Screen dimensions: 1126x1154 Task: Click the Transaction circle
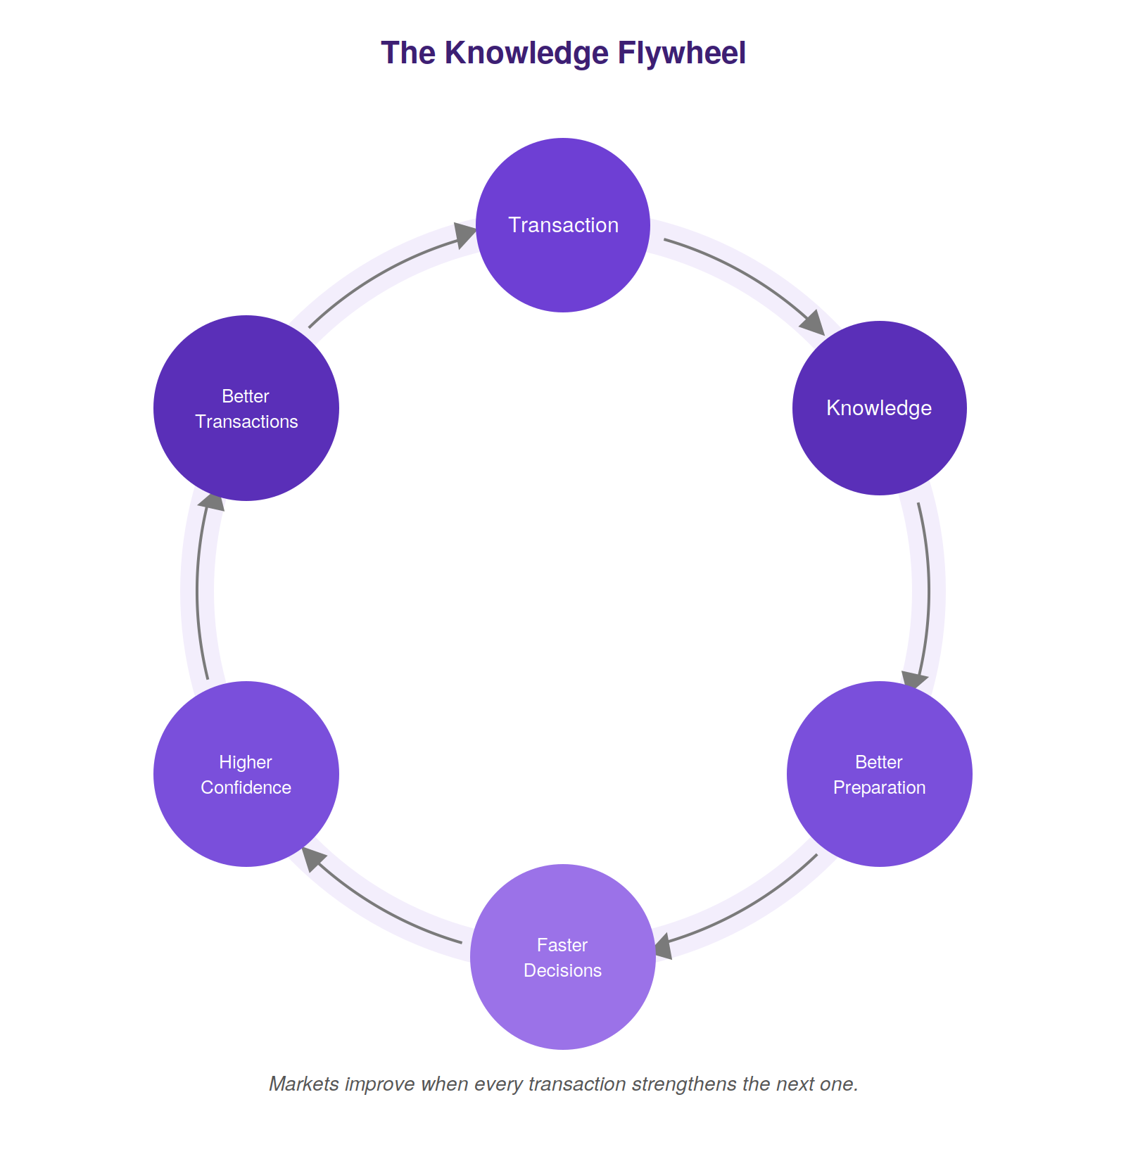(x=563, y=225)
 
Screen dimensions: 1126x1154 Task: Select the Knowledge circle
(x=880, y=408)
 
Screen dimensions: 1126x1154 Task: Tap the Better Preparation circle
(x=880, y=774)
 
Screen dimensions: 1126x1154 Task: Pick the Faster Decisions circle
(x=563, y=957)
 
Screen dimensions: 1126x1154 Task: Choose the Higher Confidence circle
(x=246, y=774)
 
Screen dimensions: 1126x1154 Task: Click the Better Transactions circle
(x=246, y=408)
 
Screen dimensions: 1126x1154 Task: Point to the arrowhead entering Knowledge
(x=813, y=324)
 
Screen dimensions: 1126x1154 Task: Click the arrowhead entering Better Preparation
(x=914, y=680)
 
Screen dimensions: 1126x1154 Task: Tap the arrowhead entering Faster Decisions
(x=664, y=946)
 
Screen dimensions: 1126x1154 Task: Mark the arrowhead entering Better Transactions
(x=210, y=501)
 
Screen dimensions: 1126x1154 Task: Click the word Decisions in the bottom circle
(x=563, y=970)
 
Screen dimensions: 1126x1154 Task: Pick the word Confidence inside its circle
(x=246, y=787)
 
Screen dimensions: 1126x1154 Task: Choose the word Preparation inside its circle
(x=880, y=787)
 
